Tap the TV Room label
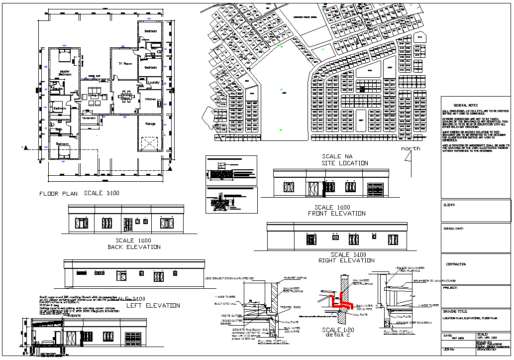coord(124,64)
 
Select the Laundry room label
coord(153,83)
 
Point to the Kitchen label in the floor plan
coord(150,99)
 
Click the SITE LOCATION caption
coord(345,163)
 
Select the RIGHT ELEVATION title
coord(346,260)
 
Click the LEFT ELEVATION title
coord(153,306)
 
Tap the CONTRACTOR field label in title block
coord(455,264)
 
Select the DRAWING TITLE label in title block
coord(457,310)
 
